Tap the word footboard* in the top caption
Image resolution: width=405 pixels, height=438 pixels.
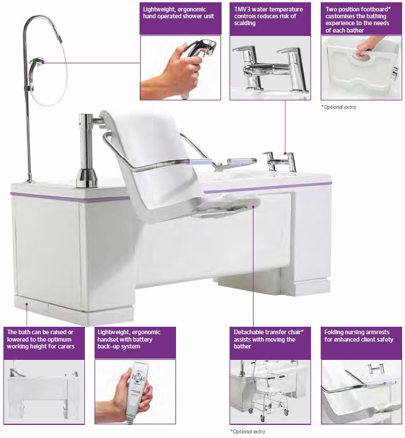374,9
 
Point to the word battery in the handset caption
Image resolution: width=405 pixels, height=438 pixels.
143,340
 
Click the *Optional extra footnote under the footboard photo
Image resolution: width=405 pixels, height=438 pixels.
338,107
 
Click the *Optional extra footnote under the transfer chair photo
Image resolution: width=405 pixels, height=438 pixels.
248,432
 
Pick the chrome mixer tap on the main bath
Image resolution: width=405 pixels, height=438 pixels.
280,161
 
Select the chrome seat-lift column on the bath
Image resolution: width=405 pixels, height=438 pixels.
87,151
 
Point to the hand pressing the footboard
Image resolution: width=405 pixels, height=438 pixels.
370,46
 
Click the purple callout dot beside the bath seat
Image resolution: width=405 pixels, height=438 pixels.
253,206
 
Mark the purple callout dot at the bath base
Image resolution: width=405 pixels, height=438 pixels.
27,304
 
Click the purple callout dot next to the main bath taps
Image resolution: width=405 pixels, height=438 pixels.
285,153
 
